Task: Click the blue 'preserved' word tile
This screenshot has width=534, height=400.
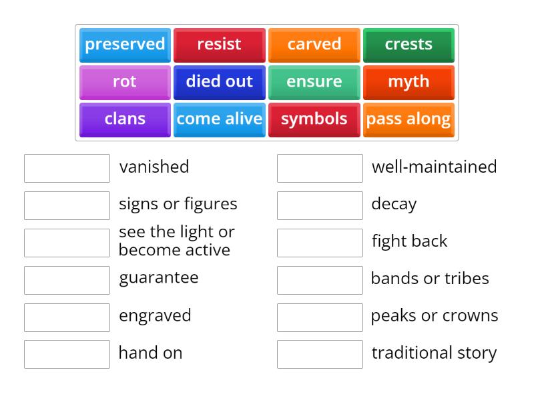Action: click(x=125, y=45)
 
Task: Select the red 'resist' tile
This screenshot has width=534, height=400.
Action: click(x=219, y=45)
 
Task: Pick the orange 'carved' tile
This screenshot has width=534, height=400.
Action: click(x=314, y=45)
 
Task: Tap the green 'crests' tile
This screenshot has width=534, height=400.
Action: click(x=409, y=45)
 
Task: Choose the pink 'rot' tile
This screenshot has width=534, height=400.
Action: click(x=125, y=82)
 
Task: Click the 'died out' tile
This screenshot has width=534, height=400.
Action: click(x=219, y=82)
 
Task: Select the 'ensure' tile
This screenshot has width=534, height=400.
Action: click(x=314, y=82)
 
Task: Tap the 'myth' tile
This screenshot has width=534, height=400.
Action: click(x=409, y=82)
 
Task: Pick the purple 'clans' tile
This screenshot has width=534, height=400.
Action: click(x=125, y=119)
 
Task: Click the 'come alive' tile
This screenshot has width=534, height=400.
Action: click(x=219, y=119)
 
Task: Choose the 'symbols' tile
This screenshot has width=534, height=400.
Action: click(x=314, y=119)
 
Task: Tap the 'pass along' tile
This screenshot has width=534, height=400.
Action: click(x=409, y=119)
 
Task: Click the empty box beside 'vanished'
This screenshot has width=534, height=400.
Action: click(x=67, y=168)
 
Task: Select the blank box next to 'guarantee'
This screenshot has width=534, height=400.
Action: click(x=67, y=280)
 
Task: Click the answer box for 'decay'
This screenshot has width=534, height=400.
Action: click(x=320, y=205)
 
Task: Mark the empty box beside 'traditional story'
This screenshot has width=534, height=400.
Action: click(x=320, y=354)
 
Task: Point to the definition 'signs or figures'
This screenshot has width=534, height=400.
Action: click(x=178, y=204)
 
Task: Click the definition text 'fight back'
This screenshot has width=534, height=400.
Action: click(x=409, y=241)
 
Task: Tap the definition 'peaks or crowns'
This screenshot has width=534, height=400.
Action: click(x=435, y=316)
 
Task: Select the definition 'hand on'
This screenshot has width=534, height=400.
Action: click(x=150, y=353)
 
